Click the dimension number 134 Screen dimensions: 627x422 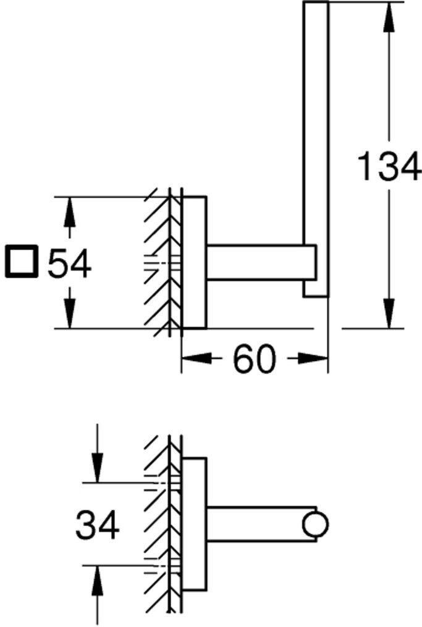click(389, 167)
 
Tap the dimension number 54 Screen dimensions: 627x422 click(70, 264)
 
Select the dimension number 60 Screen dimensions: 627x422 click(253, 359)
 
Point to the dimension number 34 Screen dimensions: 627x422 click(97, 526)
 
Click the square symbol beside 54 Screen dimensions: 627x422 click(22, 262)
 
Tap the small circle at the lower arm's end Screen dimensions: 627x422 click(315, 525)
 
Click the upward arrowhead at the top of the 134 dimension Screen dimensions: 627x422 click(389, 15)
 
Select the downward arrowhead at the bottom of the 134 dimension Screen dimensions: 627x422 click(389, 315)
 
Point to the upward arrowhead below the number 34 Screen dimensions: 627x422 click(97, 580)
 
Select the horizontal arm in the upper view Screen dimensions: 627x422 click(260, 262)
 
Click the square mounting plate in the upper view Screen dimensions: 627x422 click(194, 262)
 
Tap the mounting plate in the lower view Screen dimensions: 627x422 click(194, 525)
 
